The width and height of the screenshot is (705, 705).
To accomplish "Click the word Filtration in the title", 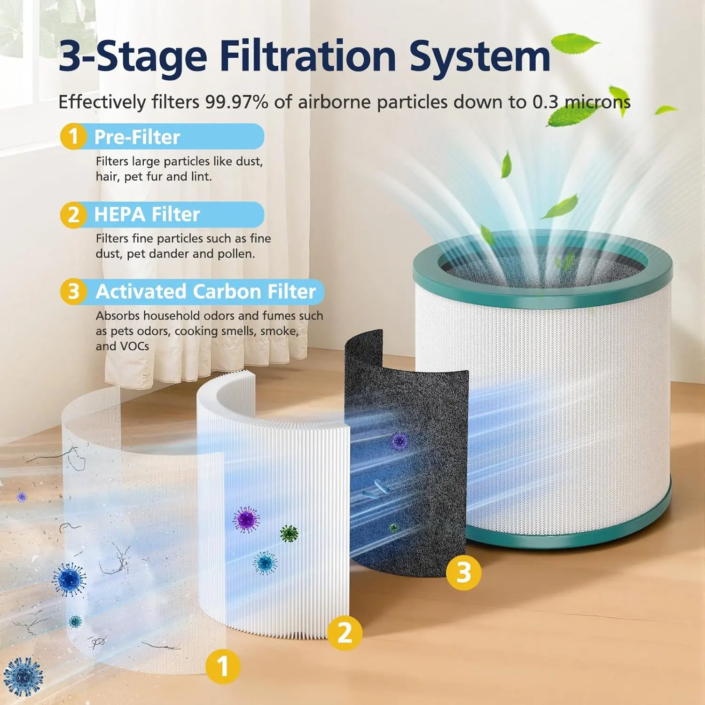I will coord(308,56).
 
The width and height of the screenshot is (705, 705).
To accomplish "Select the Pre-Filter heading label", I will coord(137,137).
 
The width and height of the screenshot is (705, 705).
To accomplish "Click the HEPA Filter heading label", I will coord(147,214).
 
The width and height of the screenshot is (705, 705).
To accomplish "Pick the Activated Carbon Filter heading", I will coord(205,291).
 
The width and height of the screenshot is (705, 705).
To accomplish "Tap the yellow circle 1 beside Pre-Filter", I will coord(73,137).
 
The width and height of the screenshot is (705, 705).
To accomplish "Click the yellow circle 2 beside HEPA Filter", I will coord(73,215).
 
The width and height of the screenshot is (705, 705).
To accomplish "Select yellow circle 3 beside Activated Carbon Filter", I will coord(73,291).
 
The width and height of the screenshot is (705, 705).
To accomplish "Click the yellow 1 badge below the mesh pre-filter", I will coord(223,666).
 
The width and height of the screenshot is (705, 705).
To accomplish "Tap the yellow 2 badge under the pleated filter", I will coord(345,633).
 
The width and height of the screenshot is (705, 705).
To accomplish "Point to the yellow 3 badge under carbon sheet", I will coord(463,572).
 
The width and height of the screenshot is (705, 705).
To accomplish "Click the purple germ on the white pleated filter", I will coord(246,520).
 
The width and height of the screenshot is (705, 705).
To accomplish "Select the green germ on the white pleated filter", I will coord(289,533).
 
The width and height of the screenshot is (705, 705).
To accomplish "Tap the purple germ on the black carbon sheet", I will coord(399,441).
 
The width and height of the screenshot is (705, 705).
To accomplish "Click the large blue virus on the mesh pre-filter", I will coord(69,580).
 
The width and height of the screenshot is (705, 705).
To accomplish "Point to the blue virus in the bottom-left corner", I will coord(23,676).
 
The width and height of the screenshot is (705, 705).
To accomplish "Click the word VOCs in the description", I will coord(135,346).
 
